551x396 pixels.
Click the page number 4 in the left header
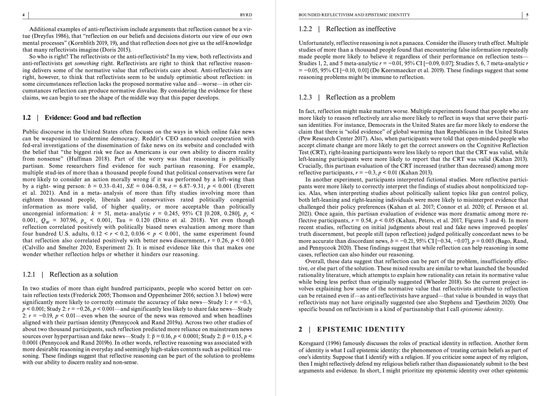(x=24, y=15)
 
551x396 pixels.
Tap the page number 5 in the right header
(x=527, y=15)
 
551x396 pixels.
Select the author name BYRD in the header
(x=246, y=15)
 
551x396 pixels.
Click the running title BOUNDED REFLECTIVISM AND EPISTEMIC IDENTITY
(x=354, y=15)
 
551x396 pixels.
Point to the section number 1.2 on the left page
(x=27, y=118)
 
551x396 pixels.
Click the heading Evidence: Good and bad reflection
(x=93, y=118)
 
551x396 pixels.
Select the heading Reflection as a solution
(x=84, y=275)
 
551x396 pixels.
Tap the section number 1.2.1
(x=29, y=275)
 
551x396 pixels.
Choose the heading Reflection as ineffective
(x=361, y=29)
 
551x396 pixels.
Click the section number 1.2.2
(x=305, y=29)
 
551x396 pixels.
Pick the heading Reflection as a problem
(x=360, y=98)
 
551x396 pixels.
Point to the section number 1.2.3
(x=305, y=98)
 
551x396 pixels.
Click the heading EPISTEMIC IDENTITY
(x=361, y=330)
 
